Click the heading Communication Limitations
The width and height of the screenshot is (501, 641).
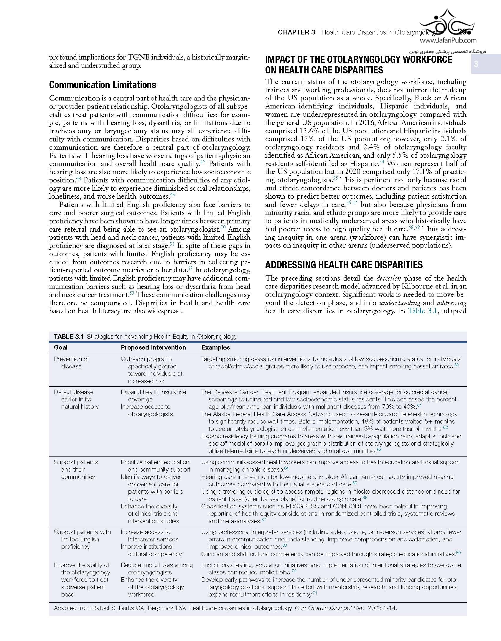(x=103, y=85)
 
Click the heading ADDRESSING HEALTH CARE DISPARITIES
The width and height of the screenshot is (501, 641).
(x=344, y=265)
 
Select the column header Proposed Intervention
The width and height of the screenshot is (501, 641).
(x=153, y=347)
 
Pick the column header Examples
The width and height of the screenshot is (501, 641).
(x=215, y=347)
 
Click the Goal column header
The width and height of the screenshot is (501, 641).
(x=61, y=347)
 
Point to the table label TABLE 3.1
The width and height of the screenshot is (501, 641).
(x=69, y=337)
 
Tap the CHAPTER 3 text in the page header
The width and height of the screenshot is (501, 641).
(x=296, y=32)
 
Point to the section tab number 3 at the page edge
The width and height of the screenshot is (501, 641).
(x=476, y=64)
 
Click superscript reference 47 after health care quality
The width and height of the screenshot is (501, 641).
(x=203, y=162)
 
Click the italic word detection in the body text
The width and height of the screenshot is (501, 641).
(x=389, y=278)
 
